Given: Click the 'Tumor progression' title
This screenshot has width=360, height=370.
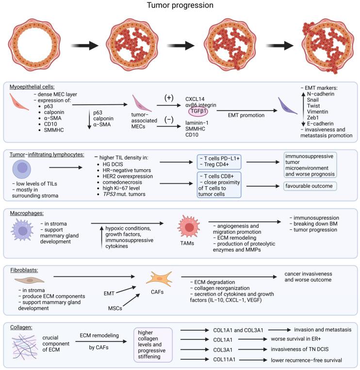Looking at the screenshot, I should (x=180, y=6).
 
